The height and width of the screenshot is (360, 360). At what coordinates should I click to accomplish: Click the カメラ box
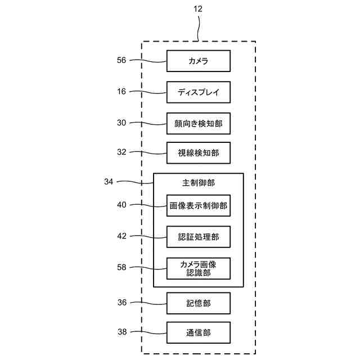click(x=198, y=61)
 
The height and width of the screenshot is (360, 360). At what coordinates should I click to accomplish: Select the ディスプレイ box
click(x=198, y=92)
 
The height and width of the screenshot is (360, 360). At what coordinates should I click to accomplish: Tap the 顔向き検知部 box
click(x=198, y=123)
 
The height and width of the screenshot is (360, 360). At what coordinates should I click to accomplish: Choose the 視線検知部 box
click(x=198, y=152)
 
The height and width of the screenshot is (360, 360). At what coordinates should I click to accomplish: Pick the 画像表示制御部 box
click(x=198, y=206)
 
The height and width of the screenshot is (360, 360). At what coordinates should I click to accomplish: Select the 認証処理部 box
click(x=198, y=237)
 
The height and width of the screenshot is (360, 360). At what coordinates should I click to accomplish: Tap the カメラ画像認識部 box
click(x=198, y=268)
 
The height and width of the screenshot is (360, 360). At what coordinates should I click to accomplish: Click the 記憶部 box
click(x=198, y=303)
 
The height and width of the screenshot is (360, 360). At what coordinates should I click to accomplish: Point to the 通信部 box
click(x=198, y=332)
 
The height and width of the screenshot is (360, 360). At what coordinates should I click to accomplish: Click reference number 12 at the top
click(x=198, y=9)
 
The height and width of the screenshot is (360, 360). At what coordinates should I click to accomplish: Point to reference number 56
click(x=121, y=61)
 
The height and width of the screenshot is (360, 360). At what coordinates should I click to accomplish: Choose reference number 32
click(x=121, y=152)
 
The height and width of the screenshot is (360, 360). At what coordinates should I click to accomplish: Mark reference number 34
click(x=109, y=182)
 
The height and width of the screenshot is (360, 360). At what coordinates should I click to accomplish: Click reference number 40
click(x=121, y=205)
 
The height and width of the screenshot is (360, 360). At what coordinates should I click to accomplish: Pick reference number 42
click(x=121, y=236)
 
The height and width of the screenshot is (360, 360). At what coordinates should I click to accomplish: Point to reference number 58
click(x=121, y=268)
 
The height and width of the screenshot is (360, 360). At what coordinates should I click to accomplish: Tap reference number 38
click(x=121, y=332)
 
